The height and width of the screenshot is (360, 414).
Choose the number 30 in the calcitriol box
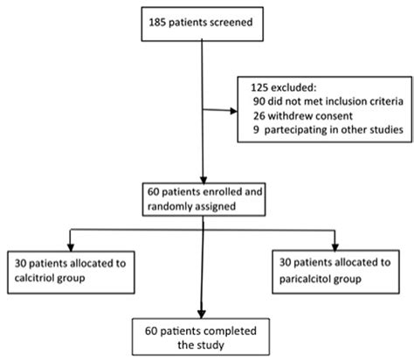[20, 260]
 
